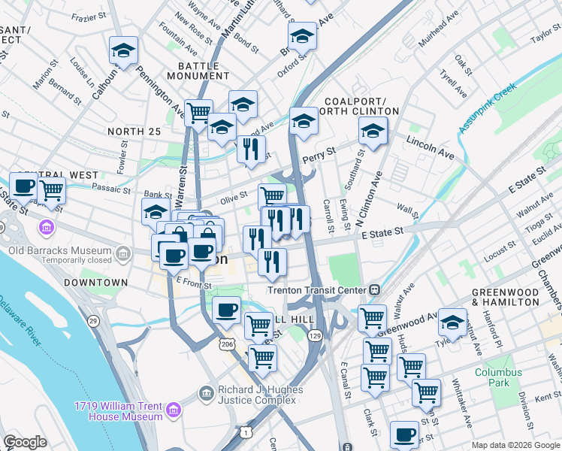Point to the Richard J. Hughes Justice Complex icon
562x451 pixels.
coord(206,392)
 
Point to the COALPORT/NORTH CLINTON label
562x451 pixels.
coord(361,106)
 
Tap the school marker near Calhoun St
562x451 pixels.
coord(123,50)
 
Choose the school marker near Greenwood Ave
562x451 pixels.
coord(452,322)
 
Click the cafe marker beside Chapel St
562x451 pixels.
coord(23,186)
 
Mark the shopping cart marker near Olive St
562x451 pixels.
coord(272,197)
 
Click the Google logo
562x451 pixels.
coord(26,443)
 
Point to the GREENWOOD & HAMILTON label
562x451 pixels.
coord(505,296)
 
